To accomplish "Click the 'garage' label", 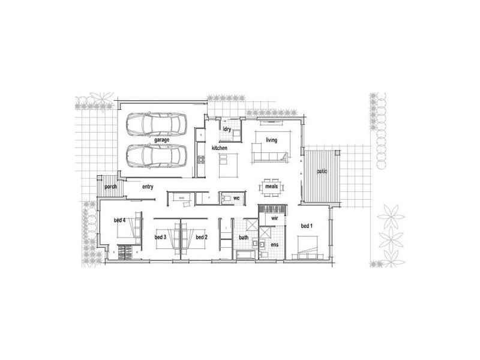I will coord(161,140).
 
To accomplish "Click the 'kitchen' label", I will coord(219,148).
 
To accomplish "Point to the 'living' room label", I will coord(272,140).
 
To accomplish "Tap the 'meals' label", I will coord(271,187).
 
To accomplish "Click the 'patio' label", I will coord(322,172).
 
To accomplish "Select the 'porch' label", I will coord(110,187).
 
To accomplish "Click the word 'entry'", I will coord(148,187).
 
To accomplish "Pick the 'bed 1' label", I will coord(307,226).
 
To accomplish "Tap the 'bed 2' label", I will coord(202,238).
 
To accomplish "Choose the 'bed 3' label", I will coord(160,238).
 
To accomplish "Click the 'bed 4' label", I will coord(119,220).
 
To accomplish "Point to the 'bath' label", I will coord(244,238).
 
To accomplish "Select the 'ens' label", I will coord(275,245).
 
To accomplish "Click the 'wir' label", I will coord(274,220).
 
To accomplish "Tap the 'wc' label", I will coord(236,197).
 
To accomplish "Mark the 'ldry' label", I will coord(227,129).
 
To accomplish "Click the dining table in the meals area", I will coord(271,187).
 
